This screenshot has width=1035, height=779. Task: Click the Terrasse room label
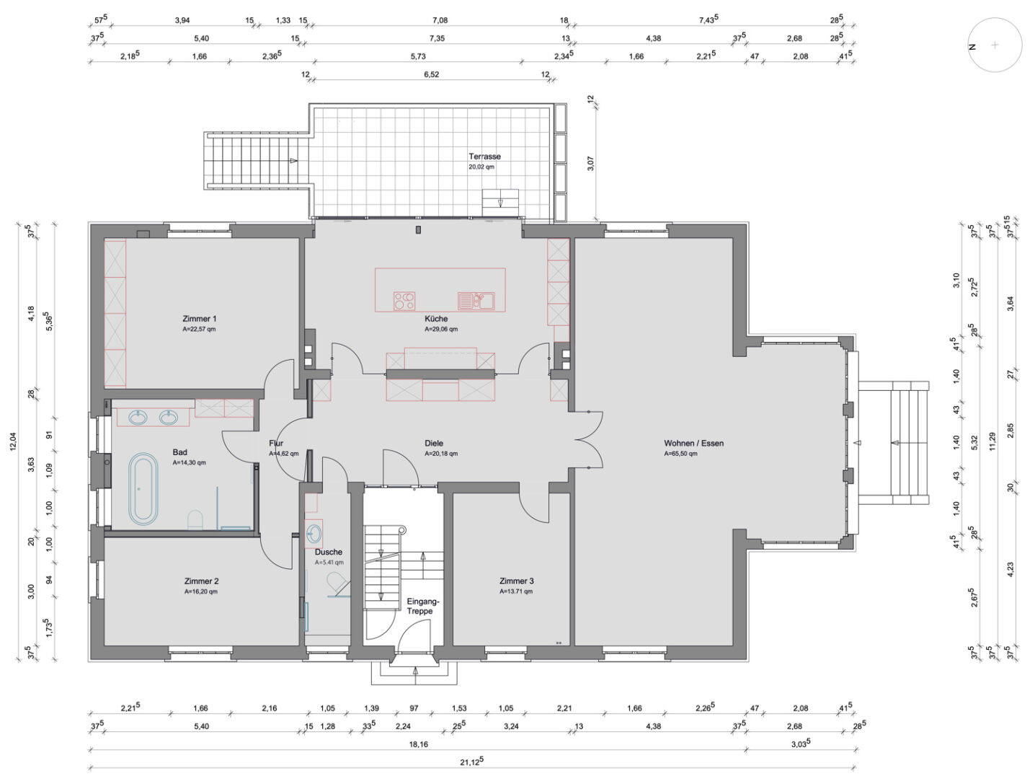point(484,157)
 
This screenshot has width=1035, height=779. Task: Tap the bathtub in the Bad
point(143,489)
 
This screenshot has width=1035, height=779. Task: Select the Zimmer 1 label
point(200,319)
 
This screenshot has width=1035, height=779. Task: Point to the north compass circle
point(995,45)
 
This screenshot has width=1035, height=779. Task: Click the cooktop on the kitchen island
point(404,301)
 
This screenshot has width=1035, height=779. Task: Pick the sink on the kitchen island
point(476,301)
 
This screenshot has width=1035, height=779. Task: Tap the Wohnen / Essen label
point(693,443)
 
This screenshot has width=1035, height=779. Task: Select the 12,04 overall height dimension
point(13,441)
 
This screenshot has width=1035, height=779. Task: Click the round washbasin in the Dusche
point(313,534)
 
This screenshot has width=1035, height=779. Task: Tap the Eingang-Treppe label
point(423,607)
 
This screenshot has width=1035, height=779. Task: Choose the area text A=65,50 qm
point(680,454)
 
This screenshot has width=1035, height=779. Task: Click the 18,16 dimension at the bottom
point(418,744)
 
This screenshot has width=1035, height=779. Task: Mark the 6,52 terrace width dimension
point(431,74)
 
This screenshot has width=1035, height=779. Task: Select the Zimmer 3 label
point(516,581)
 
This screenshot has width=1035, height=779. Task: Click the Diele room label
point(434,443)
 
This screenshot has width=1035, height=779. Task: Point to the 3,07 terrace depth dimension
point(591,163)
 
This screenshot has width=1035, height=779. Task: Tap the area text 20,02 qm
point(481,167)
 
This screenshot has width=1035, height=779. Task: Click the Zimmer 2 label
point(201,581)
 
